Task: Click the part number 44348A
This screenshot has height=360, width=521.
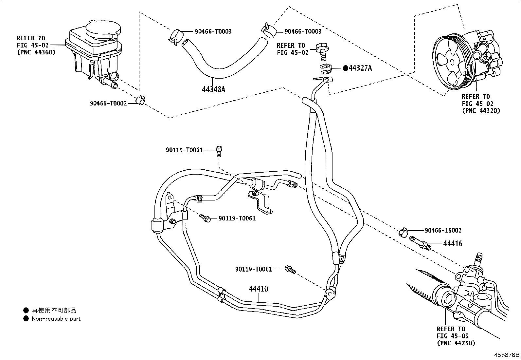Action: click(213, 89)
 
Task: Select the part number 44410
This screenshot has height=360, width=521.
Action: click(259, 289)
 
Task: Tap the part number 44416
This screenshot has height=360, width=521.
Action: click(453, 244)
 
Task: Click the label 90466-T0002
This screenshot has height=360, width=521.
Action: click(108, 104)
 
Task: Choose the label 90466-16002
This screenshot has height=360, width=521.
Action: click(443, 230)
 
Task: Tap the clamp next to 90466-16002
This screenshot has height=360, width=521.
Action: click(403, 232)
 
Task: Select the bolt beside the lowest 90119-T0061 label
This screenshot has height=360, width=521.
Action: click(290, 270)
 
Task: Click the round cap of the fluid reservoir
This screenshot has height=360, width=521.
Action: click(103, 30)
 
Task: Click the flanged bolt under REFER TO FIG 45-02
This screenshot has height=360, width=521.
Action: click(323, 52)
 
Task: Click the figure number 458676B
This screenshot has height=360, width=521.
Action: click(507, 355)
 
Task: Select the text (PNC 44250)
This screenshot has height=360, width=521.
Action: click(456, 343)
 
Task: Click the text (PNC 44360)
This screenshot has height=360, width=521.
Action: click(36, 52)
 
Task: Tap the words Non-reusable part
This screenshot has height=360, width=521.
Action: click(56, 318)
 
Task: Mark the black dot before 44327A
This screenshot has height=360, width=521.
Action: click(346, 68)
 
